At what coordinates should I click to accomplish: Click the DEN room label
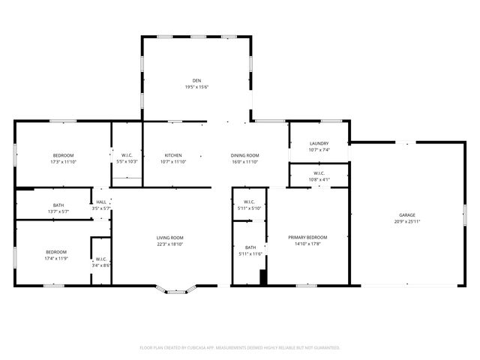pyautogui.click(x=196, y=80)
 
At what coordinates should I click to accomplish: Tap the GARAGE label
pyautogui.click(x=406, y=215)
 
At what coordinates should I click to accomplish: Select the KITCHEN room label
pyautogui.click(x=173, y=155)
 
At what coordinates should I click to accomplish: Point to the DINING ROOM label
pyautogui.click(x=244, y=155)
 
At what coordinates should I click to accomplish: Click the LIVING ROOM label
pyautogui.click(x=169, y=238)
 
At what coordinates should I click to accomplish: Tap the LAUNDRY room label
pyautogui.click(x=319, y=143)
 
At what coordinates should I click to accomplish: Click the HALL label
pyautogui.click(x=100, y=202)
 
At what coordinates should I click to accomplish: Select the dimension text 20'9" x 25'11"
pyautogui.click(x=406, y=222)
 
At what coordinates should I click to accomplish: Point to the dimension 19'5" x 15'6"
pyautogui.click(x=196, y=87)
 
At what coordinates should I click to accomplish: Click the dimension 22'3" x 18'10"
pyautogui.click(x=169, y=244)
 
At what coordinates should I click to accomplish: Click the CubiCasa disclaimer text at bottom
pyautogui.click(x=240, y=348)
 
